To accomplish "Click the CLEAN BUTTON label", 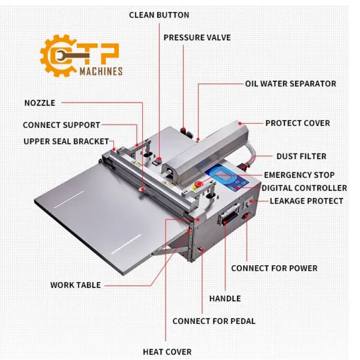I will point(159,15).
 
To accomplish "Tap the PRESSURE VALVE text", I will point(197,37).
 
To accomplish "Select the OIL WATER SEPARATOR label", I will point(290,84).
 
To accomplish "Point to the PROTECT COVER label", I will point(298,123).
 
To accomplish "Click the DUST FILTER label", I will point(301,157).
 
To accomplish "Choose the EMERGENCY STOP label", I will point(299,175).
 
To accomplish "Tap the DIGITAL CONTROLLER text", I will point(304,188).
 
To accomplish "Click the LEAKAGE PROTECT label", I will point(306,201).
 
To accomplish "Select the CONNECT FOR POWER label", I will point(274,268).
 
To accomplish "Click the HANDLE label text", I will point(225,298).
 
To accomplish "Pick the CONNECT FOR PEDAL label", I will point(214,321).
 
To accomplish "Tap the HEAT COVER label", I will point(167,352).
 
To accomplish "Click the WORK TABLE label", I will point(76,285).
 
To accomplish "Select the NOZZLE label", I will point(40,103).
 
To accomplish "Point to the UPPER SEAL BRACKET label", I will point(67,142).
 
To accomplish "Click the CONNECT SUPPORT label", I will point(61,125).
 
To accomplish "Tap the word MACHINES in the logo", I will point(101,71).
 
